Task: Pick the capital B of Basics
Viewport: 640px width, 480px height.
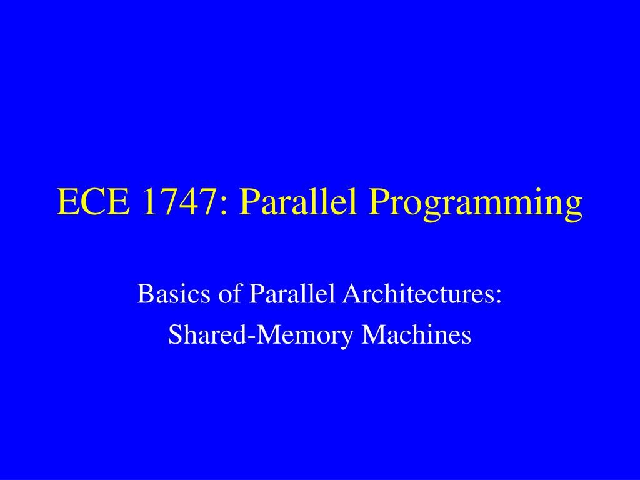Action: [144, 293]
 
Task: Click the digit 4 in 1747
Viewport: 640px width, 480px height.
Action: [185, 202]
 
